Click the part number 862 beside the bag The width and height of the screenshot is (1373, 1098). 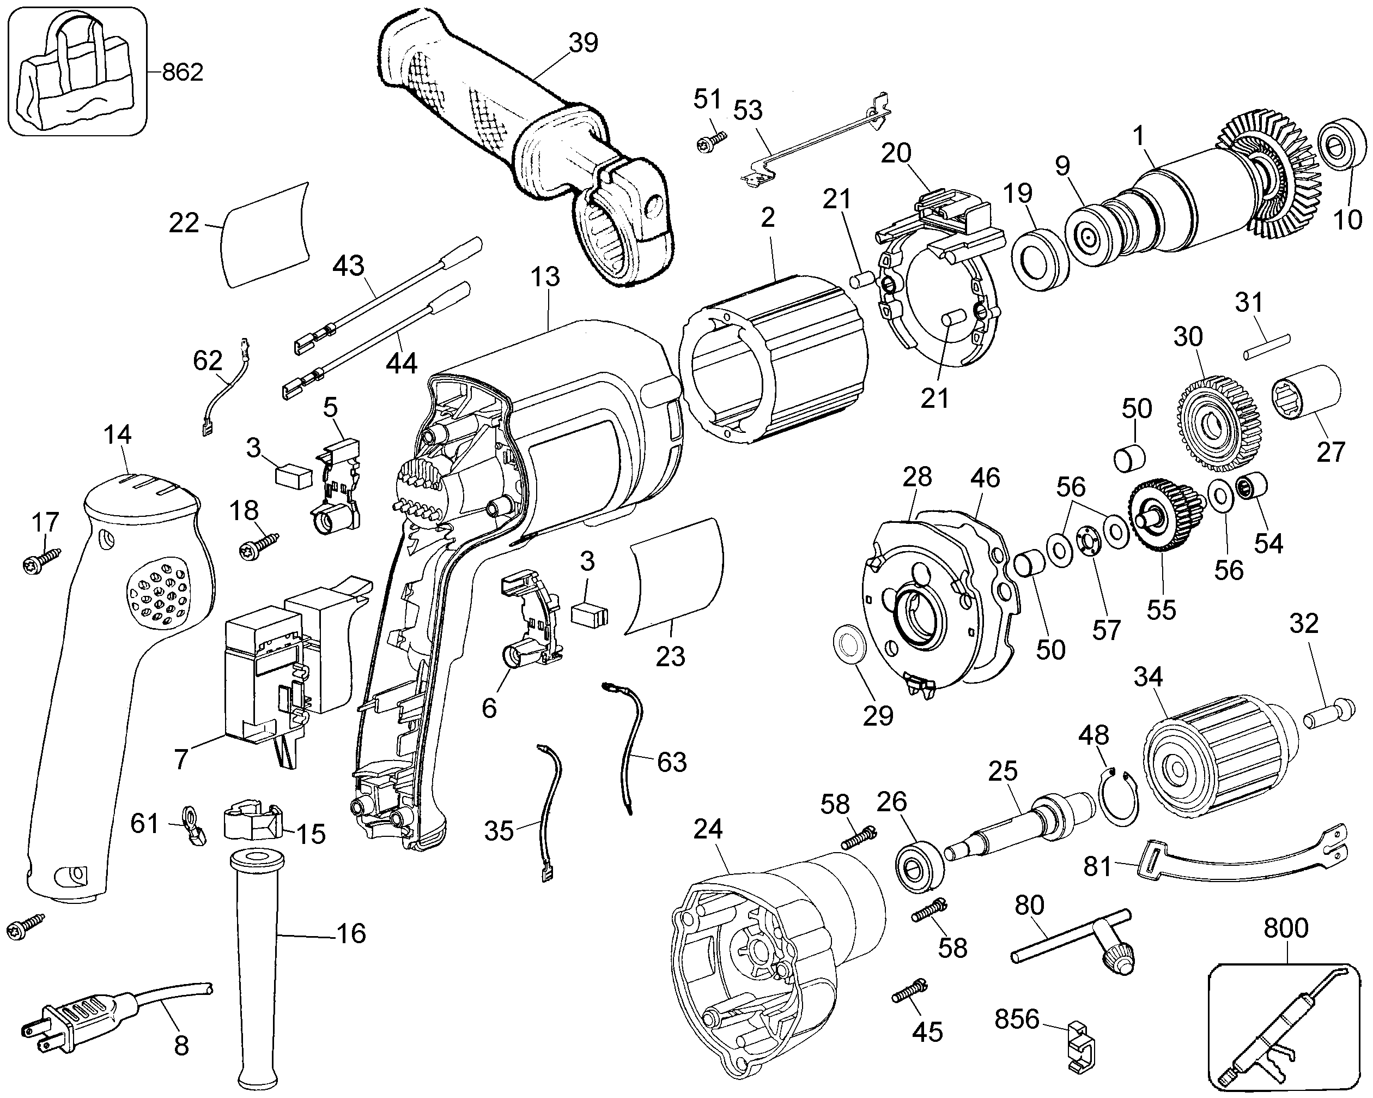[x=183, y=73]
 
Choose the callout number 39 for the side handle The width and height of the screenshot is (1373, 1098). [x=584, y=43]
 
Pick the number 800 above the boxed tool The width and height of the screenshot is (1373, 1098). [x=1286, y=928]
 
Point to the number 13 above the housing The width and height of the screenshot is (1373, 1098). [x=545, y=276]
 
